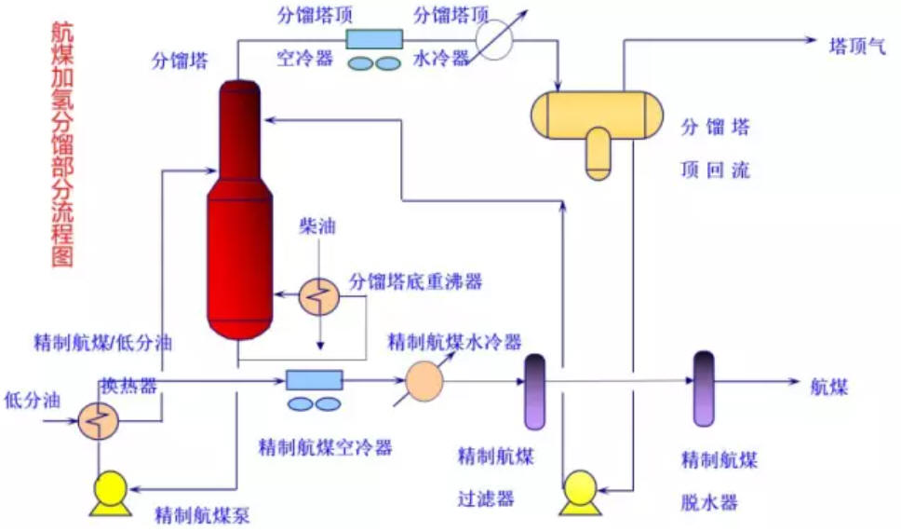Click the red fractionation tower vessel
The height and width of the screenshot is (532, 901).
(x=238, y=210)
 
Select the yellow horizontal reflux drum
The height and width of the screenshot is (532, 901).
(x=597, y=115)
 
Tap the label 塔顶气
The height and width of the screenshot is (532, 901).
(x=857, y=46)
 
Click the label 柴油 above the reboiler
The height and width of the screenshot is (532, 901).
(x=317, y=225)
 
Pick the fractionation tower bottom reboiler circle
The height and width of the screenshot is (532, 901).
(x=319, y=297)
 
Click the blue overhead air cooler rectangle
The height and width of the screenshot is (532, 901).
(x=374, y=39)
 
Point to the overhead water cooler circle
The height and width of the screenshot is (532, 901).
(x=493, y=40)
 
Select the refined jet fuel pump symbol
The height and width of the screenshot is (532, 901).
(x=111, y=493)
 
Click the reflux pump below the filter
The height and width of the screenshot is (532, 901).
(x=581, y=493)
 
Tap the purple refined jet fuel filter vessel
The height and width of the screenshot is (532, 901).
(x=535, y=391)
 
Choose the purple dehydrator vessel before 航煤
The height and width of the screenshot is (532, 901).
(x=704, y=389)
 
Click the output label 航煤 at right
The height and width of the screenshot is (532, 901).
(x=828, y=387)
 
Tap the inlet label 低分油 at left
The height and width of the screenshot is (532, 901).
(x=33, y=400)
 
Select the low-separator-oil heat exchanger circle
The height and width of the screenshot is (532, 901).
(x=99, y=421)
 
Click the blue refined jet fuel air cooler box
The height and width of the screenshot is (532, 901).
(x=315, y=380)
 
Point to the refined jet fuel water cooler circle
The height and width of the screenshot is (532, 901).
(x=424, y=381)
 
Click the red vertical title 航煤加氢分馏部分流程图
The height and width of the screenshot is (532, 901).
(x=62, y=145)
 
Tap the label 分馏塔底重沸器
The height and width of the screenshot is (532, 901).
(x=416, y=281)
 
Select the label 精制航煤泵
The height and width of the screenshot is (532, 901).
(x=202, y=514)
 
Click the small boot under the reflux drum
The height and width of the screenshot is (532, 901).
(x=598, y=154)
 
